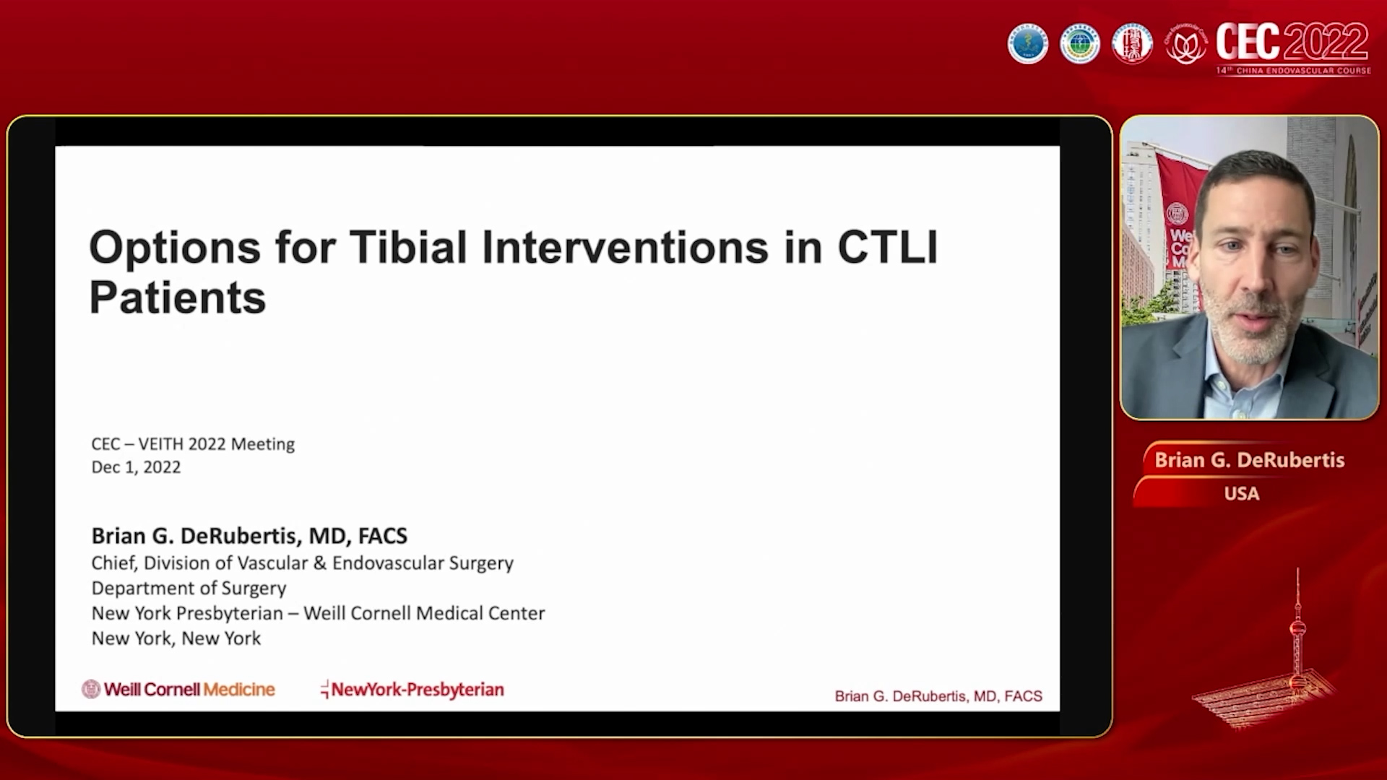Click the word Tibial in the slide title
coord(408,248)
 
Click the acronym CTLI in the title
coord(887,248)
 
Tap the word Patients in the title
coord(178,298)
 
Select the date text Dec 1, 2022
coord(136,467)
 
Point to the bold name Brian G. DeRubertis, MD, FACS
coord(249,536)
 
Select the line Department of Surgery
coord(189,588)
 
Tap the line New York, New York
coord(176,638)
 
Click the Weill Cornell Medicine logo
coord(178,689)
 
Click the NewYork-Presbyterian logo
coord(412,690)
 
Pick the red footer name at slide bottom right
coord(938,696)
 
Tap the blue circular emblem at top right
coord(1027,44)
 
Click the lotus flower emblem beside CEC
coord(1185,45)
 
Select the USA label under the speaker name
coord(1241,494)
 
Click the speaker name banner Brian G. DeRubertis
coord(1248,460)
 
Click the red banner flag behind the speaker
coord(1175,209)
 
